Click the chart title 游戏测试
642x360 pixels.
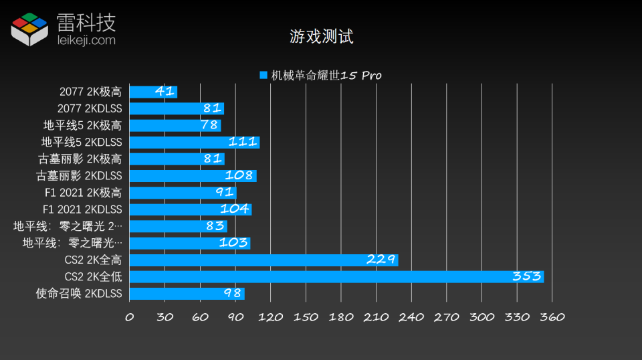coord(321,36)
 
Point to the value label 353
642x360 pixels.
coord(526,276)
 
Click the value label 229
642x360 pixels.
coord(381,260)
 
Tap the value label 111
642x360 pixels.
coord(243,142)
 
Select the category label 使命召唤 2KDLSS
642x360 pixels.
coord(79,293)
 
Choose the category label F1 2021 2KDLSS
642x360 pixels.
coord(82,209)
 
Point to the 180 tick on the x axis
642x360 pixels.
coord(341,317)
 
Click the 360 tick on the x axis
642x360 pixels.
coord(552,317)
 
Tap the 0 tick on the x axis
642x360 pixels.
coord(130,317)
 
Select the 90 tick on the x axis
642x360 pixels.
coord(235,317)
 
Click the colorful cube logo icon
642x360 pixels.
coord(29,29)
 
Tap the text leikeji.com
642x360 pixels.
coord(86,41)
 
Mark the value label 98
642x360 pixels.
coord(232,293)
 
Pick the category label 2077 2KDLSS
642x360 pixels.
coord(90,108)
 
